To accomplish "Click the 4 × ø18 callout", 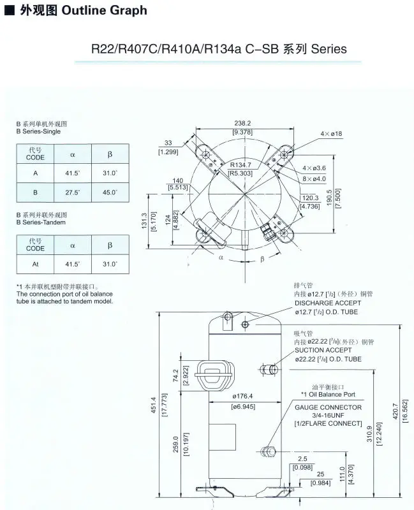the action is pyautogui.click(x=331, y=133).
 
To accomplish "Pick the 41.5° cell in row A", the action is pyautogui.click(x=73, y=173).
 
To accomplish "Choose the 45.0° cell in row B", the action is pyautogui.click(x=110, y=192).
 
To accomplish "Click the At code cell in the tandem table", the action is pyautogui.click(x=35, y=263).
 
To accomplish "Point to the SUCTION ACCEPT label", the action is pyautogui.click(x=323, y=350).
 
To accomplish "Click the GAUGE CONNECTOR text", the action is pyautogui.click(x=328, y=407).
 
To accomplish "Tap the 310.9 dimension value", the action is pyautogui.click(x=369, y=439).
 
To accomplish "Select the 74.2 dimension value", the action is pyautogui.click(x=175, y=376).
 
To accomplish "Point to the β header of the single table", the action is pyautogui.click(x=110, y=153).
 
